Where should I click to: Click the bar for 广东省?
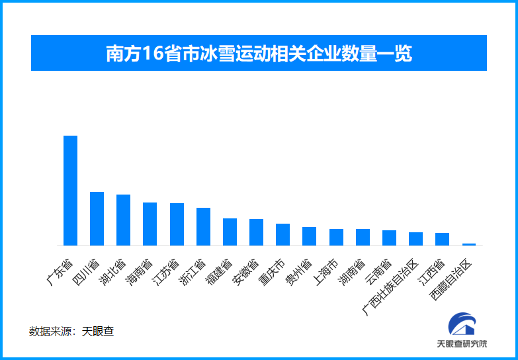(70, 191)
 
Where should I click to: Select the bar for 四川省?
(97, 218)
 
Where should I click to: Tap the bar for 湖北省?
(123, 220)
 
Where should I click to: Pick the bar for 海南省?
(150, 224)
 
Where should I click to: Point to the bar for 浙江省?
(203, 226)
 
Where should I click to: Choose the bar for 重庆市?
(282, 234)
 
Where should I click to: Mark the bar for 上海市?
(336, 237)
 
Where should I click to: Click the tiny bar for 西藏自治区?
(468, 244)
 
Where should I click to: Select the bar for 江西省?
(442, 239)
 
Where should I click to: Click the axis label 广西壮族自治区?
(392, 287)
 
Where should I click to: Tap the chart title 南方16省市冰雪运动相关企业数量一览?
(259, 54)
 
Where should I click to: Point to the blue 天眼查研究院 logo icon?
(462, 324)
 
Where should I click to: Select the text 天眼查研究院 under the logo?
(462, 344)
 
